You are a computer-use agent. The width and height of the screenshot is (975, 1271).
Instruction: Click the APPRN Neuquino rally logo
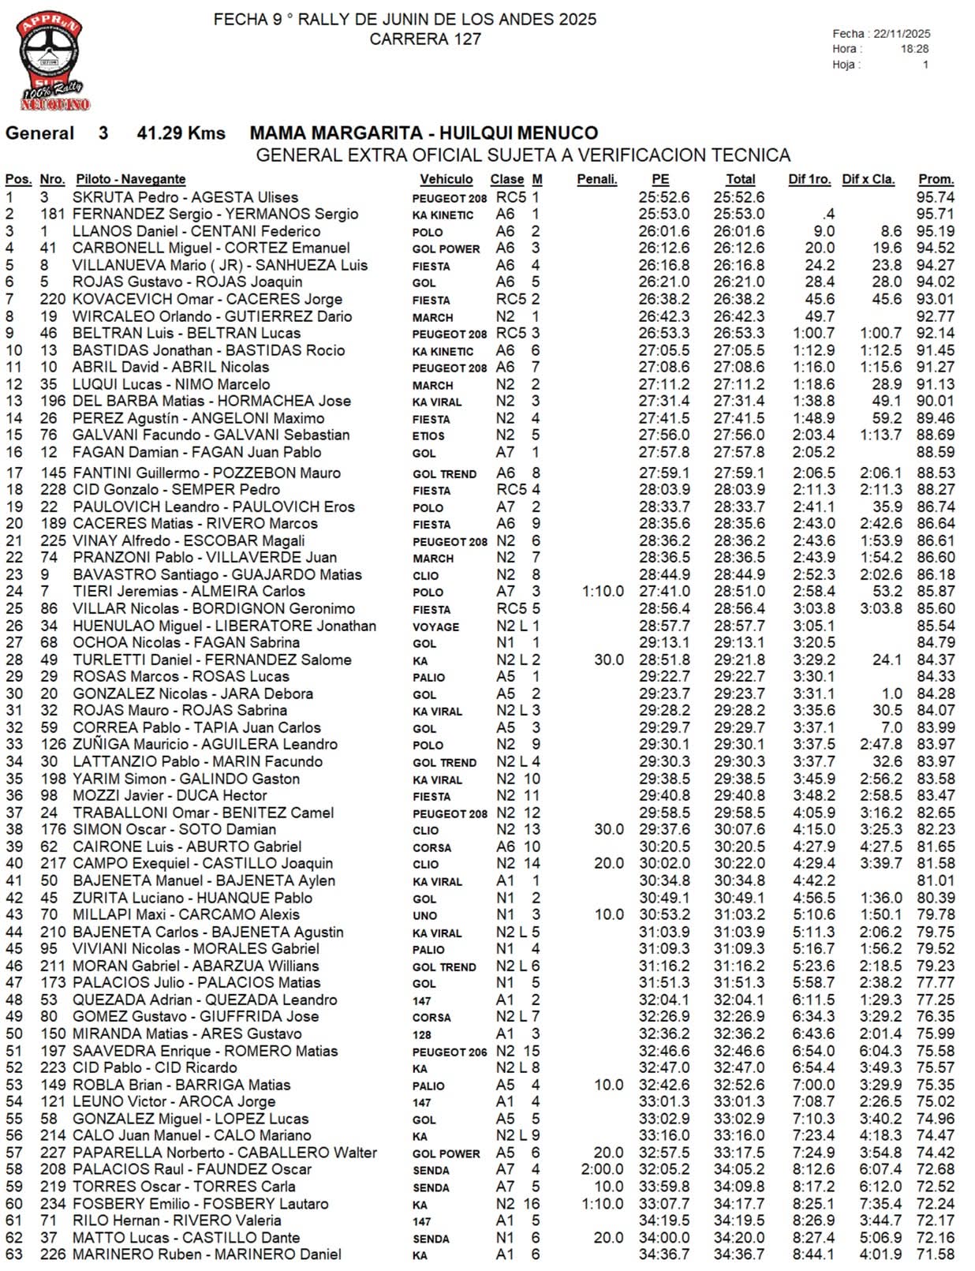pyautogui.click(x=52, y=63)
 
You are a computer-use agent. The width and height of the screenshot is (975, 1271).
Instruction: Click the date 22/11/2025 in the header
pyautogui.click(x=902, y=34)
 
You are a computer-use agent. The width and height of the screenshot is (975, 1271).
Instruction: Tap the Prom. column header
pyautogui.click(x=936, y=179)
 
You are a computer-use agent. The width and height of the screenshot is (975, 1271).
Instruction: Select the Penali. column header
pyautogui.click(x=596, y=179)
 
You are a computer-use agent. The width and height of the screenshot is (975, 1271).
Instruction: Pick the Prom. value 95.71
pyautogui.click(x=936, y=214)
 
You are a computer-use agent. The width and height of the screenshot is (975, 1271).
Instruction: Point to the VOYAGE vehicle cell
pyautogui.click(x=435, y=626)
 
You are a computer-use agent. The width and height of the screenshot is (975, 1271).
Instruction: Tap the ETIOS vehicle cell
pyautogui.click(x=428, y=436)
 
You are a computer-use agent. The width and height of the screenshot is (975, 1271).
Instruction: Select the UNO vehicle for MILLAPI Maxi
pyautogui.click(x=424, y=916)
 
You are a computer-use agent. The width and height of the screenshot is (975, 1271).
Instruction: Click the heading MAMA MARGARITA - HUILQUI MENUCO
pyautogui.click(x=424, y=133)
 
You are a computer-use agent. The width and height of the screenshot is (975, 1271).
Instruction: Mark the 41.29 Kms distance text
pyautogui.click(x=181, y=133)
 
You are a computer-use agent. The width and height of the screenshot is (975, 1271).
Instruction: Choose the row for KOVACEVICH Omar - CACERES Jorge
pyautogui.click(x=207, y=299)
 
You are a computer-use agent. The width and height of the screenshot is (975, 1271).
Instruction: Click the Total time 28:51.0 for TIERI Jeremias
pyautogui.click(x=739, y=591)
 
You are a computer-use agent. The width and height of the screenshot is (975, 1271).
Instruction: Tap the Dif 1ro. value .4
pyautogui.click(x=827, y=214)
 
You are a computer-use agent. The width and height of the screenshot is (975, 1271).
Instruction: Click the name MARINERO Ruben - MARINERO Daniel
pyautogui.click(x=207, y=1254)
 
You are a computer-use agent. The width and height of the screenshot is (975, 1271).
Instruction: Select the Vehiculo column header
pyautogui.click(x=446, y=179)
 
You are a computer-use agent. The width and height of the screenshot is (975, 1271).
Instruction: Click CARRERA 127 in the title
pyautogui.click(x=425, y=39)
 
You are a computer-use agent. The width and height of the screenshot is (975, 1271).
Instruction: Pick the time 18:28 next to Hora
pyautogui.click(x=914, y=49)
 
